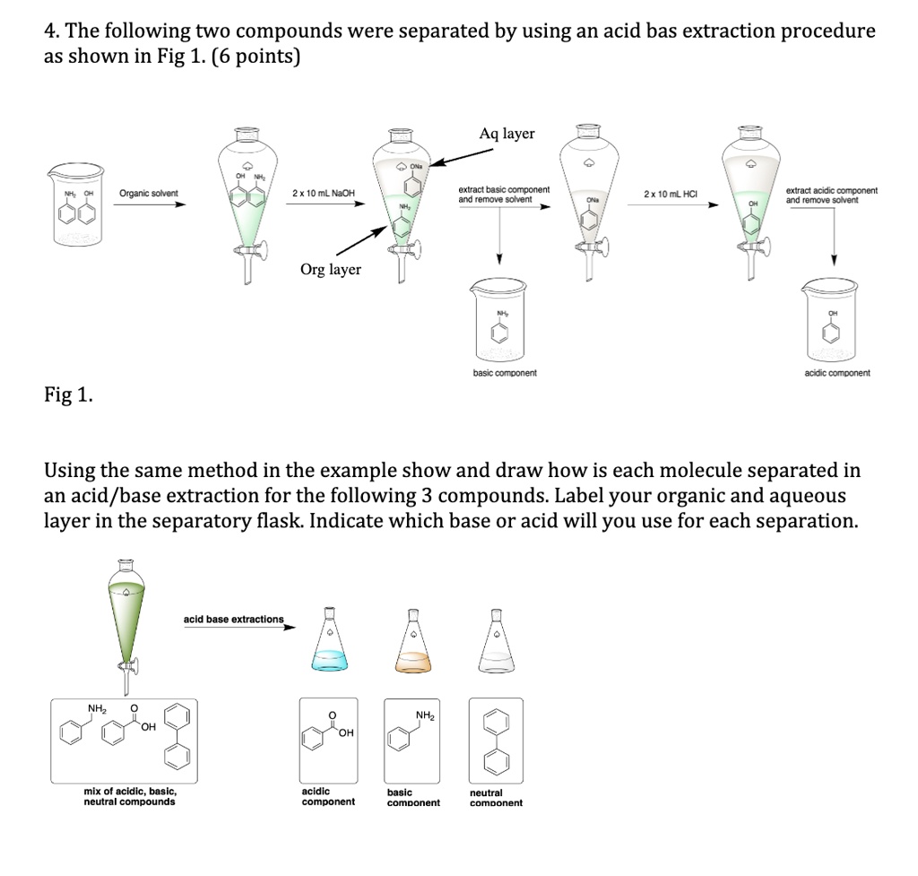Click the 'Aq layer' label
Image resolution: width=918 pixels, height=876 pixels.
507,134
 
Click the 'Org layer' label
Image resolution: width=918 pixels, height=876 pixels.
331,269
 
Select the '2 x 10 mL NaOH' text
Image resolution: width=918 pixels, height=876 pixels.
324,194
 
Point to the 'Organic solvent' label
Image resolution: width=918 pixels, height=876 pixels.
149,194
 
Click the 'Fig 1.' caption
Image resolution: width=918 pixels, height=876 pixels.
68,395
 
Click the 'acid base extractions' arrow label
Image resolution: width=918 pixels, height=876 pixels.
233,619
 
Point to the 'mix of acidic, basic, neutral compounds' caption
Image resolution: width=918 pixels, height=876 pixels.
130,796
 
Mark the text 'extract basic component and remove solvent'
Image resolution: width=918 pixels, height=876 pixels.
504,195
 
